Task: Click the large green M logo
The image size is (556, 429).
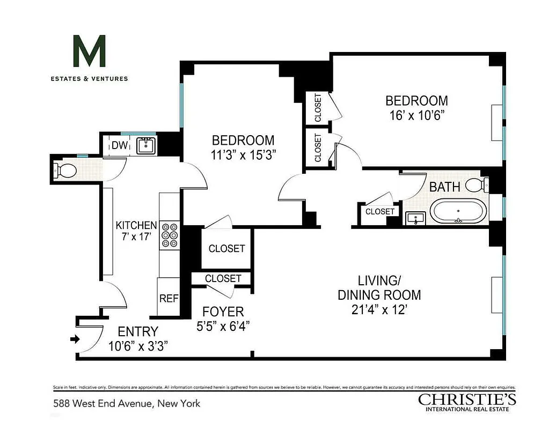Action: coord(89,51)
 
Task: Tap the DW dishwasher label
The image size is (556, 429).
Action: coord(119,145)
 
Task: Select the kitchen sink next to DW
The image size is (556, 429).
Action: coord(146,145)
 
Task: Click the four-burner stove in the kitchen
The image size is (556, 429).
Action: coord(170,235)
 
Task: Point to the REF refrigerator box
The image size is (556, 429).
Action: coord(168,299)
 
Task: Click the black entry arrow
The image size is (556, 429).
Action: coord(75,339)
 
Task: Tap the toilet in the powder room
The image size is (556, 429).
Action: coord(66,171)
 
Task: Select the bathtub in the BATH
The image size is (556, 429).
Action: coord(459,211)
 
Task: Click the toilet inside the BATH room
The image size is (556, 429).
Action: coord(475,185)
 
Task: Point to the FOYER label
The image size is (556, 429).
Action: coord(223,312)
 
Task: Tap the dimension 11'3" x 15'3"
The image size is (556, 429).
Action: coord(243,154)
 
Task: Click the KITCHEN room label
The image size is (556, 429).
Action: coord(137,226)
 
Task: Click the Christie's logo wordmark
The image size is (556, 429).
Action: coord(467,399)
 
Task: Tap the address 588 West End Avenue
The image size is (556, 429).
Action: coord(126,403)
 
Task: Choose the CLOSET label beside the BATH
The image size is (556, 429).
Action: coord(380,212)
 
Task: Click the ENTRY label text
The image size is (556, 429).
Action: coord(138,331)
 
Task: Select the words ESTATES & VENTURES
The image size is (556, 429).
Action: coord(89,79)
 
